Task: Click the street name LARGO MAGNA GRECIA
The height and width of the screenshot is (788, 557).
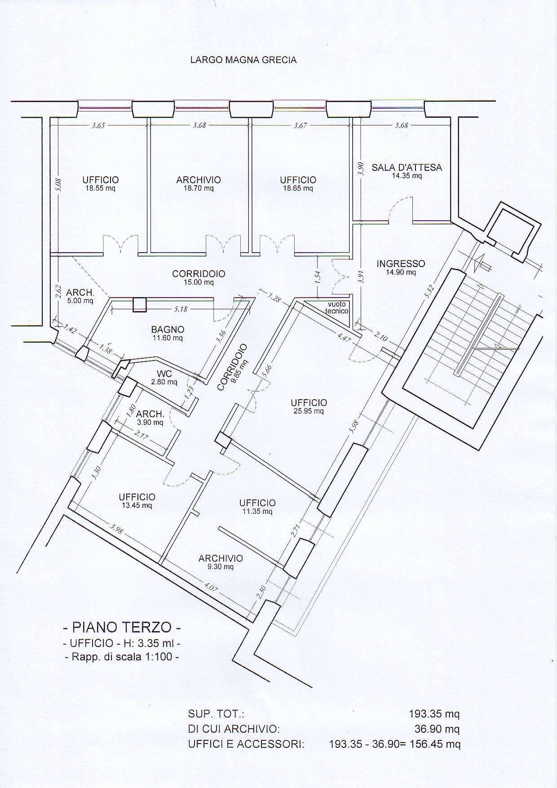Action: tap(243, 60)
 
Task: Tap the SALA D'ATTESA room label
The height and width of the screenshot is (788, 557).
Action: tap(407, 168)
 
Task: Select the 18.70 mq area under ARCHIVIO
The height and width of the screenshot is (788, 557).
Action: tap(199, 188)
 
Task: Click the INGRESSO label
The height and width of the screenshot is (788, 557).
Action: tap(400, 264)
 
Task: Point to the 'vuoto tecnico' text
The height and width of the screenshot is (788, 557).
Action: tap(337, 307)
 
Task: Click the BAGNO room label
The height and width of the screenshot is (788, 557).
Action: tap(167, 330)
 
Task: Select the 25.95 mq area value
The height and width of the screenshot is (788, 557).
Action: tap(309, 411)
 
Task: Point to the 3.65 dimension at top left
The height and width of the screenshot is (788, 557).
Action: tap(98, 126)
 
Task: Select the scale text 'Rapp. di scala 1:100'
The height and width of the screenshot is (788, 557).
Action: tap(122, 657)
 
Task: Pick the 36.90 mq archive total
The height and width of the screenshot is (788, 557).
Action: tap(437, 729)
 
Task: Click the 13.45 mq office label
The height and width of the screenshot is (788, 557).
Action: tap(137, 505)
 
